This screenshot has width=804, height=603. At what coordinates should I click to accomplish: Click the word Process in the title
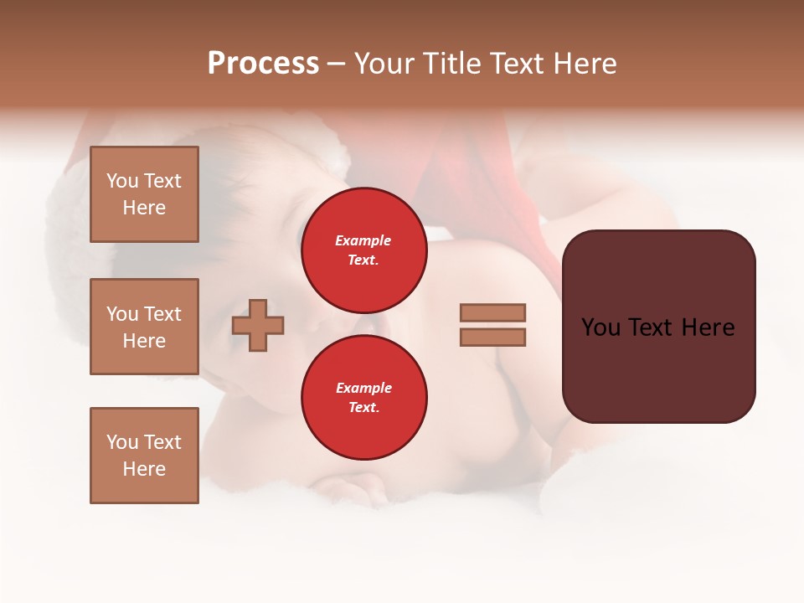point(263,64)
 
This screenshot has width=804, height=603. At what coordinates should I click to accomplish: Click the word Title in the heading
point(448,64)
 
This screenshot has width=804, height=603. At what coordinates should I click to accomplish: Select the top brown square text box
point(144,194)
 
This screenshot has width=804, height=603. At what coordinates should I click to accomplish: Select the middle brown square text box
point(144,327)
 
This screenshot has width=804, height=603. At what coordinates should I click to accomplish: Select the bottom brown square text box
point(144,456)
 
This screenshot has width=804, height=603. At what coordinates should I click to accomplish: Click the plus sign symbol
point(258,325)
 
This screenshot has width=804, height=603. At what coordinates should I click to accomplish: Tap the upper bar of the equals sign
point(492,312)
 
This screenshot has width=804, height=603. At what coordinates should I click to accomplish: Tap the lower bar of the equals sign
point(492,337)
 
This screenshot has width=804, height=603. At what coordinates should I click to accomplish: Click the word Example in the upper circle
point(363,240)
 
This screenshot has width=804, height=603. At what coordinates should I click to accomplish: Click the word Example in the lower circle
point(363,388)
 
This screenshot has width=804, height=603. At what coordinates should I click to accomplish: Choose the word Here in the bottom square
point(144,469)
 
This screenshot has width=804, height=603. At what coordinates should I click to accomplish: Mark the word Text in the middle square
point(162,314)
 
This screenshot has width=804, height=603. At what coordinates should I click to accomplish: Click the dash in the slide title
point(336,64)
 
